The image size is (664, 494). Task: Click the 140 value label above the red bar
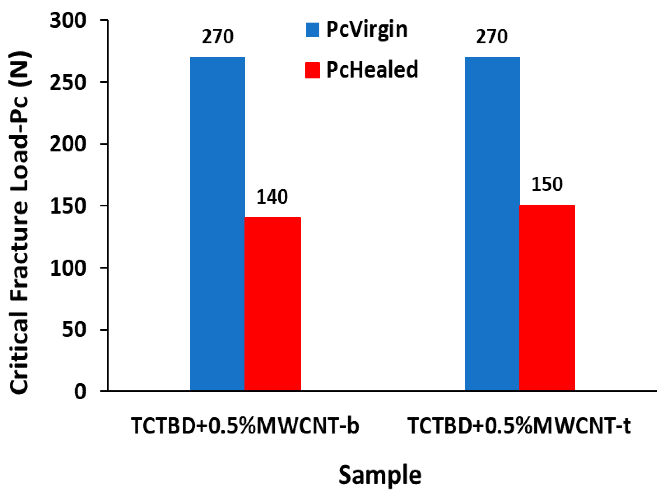(x=272, y=197)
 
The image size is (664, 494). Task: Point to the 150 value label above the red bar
(x=547, y=184)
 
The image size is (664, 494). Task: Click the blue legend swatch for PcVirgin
(x=313, y=30)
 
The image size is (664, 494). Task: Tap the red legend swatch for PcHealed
(x=313, y=70)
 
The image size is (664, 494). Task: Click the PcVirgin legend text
(x=367, y=30)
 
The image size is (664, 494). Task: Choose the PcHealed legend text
(x=372, y=70)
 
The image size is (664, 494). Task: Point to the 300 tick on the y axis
(x=68, y=21)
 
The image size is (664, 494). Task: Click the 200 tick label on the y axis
(x=68, y=144)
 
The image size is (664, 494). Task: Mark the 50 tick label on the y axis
(x=74, y=330)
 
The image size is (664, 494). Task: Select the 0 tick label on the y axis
(x=80, y=391)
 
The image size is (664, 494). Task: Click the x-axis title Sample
(x=380, y=475)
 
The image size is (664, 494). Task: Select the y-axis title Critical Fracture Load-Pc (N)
(x=19, y=223)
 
